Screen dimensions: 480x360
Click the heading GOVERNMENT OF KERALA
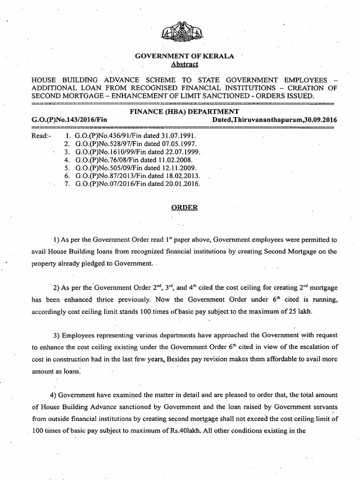coord(178,56)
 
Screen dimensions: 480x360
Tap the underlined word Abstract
coord(178,64)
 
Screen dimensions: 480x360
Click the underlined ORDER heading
coord(180,208)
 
